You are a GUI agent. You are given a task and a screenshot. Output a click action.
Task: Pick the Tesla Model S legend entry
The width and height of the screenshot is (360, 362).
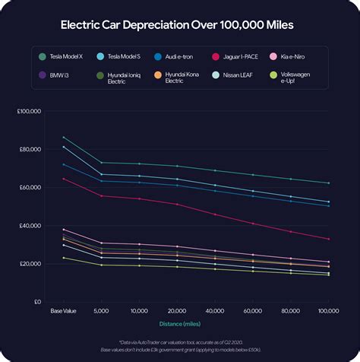(122, 56)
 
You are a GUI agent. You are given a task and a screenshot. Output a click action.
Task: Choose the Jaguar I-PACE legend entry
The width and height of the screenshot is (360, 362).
(238, 56)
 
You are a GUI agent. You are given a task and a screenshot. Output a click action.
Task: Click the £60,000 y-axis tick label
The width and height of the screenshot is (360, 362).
(30, 187)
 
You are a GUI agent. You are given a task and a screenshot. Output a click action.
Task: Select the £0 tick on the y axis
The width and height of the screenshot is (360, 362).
(36, 302)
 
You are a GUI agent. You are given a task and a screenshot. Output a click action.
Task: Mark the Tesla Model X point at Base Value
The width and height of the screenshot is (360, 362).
(63, 137)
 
